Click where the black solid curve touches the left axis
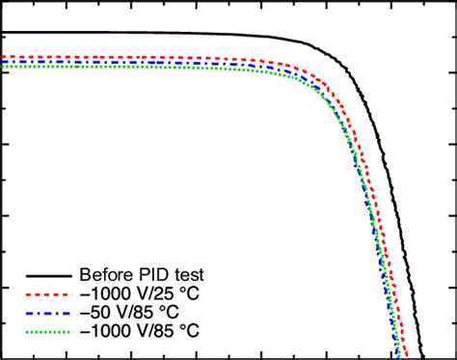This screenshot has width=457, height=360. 3,34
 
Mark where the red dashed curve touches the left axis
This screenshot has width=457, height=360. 3,56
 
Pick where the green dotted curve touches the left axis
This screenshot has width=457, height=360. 3,67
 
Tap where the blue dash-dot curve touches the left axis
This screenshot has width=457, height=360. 3,62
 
